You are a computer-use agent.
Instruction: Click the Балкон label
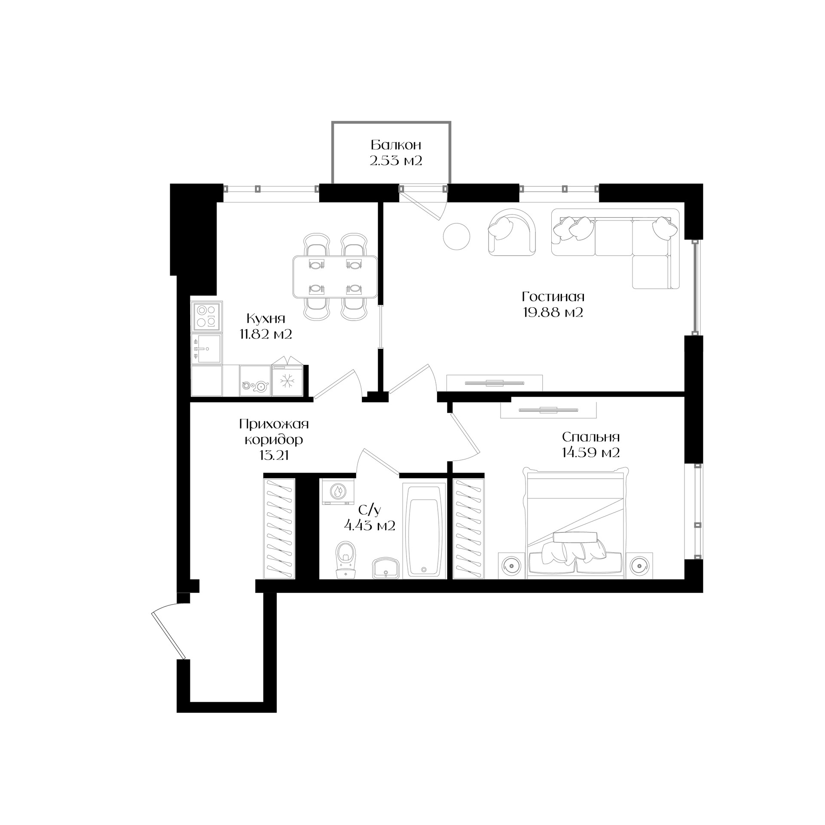[396, 144]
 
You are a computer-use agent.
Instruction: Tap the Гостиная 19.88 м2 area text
[553, 304]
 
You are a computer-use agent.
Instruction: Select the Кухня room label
[266, 318]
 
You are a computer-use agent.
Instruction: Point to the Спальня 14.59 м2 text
[591, 445]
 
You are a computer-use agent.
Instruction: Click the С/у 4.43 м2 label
[370, 517]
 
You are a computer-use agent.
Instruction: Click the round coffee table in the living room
[456, 236]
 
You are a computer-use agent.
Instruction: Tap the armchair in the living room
[512, 232]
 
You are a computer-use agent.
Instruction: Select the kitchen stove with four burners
[207, 316]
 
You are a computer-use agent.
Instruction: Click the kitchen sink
[207, 348]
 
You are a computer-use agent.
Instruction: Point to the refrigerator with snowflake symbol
[287, 381]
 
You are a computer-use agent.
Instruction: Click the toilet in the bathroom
[346, 559]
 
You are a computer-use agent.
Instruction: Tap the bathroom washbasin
[386, 568]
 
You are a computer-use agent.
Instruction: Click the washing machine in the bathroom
[338, 492]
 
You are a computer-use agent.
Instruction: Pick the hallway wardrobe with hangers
[279, 528]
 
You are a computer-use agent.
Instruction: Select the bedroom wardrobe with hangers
[468, 528]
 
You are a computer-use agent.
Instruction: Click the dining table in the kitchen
[335, 277]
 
